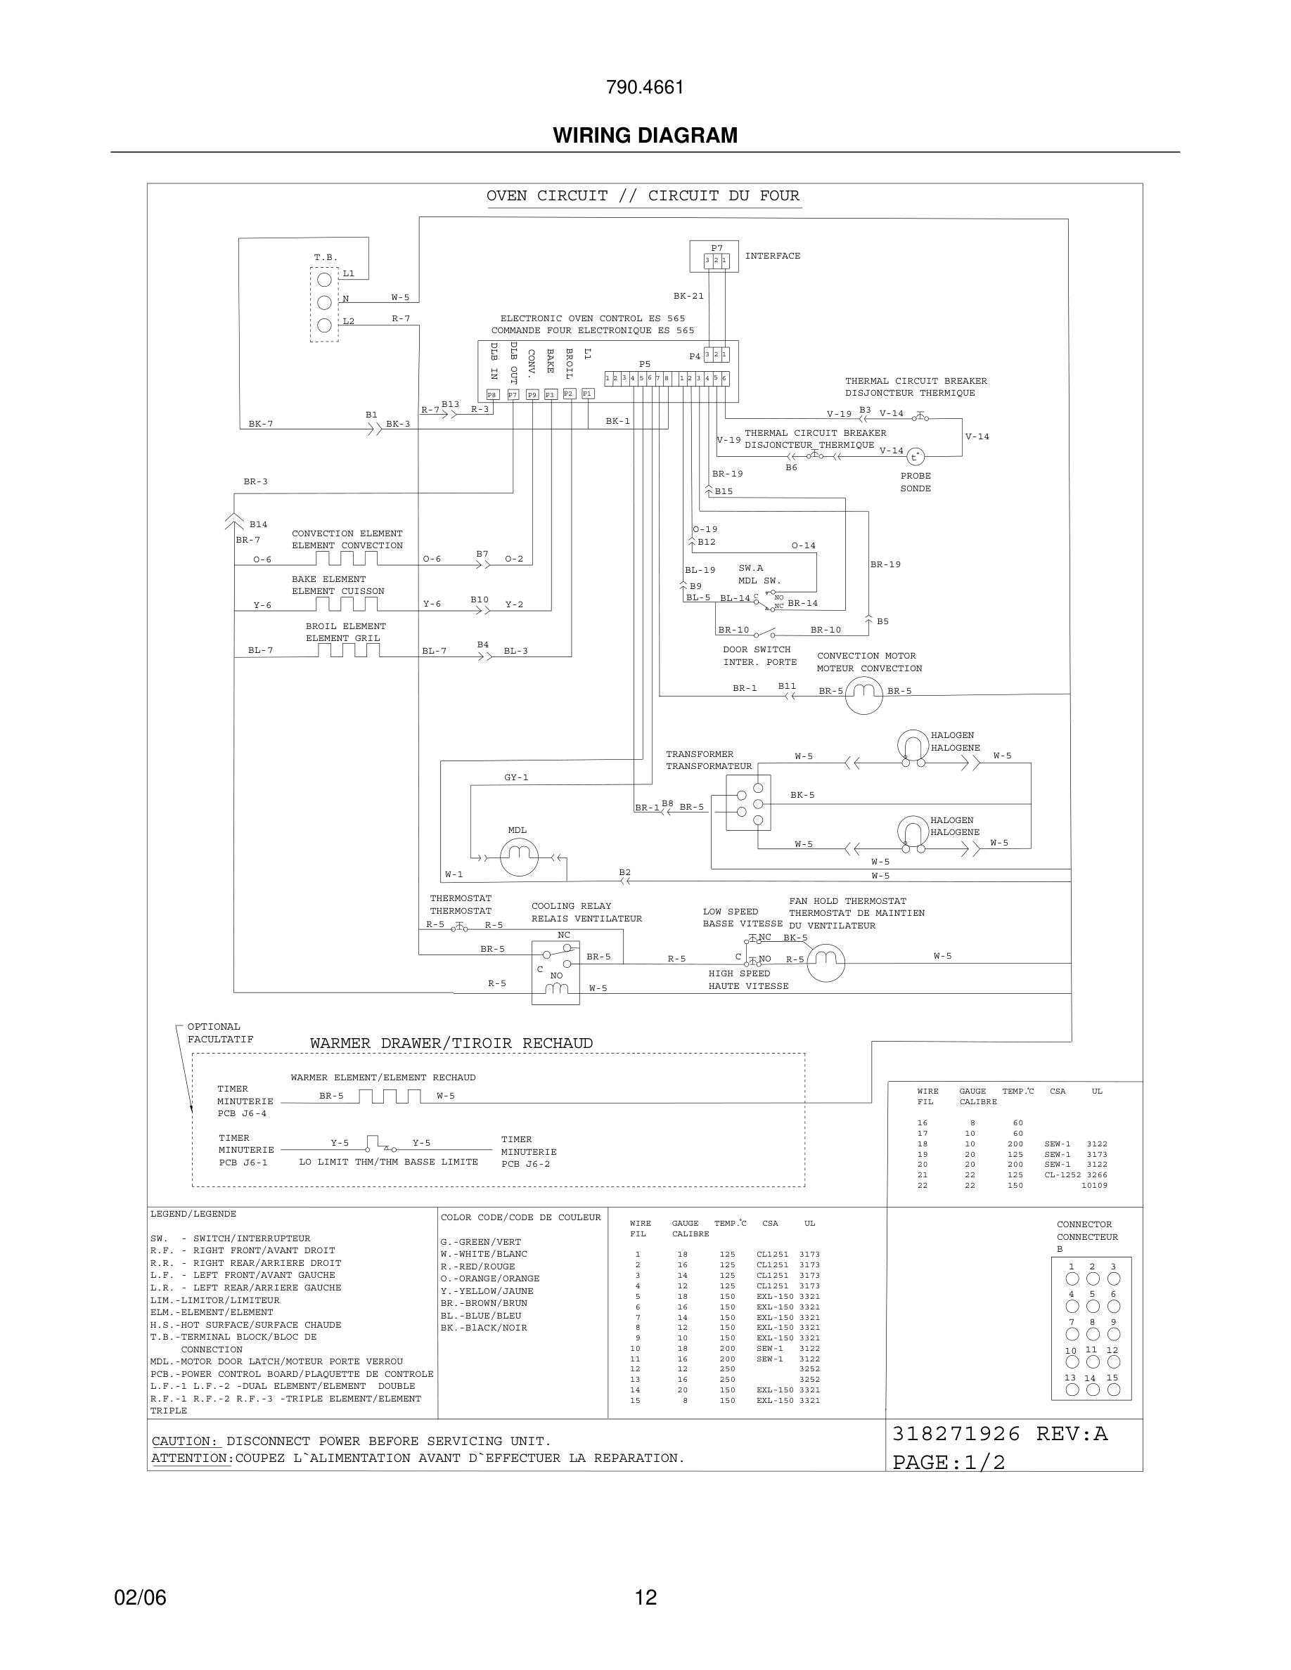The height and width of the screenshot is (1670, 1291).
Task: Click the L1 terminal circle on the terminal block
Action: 324,280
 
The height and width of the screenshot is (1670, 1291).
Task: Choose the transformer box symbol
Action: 748,802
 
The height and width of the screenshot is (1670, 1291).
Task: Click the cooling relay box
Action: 556,973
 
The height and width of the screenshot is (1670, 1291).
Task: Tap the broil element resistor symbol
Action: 349,651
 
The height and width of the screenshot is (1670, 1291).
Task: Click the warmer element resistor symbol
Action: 390,1096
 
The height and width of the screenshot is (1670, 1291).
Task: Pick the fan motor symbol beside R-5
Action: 826,962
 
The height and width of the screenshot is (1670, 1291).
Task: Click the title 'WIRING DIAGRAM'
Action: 645,136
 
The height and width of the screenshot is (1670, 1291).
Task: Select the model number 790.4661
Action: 645,88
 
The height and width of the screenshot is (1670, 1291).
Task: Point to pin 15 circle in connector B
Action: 1114,1390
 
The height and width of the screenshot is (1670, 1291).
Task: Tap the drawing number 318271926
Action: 956,1434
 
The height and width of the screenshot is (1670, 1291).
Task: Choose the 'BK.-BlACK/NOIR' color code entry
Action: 483,1328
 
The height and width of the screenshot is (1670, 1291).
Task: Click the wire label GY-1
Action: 516,777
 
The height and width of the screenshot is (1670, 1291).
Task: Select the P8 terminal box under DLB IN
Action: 492,394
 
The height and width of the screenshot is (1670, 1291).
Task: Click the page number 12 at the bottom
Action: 645,1598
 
